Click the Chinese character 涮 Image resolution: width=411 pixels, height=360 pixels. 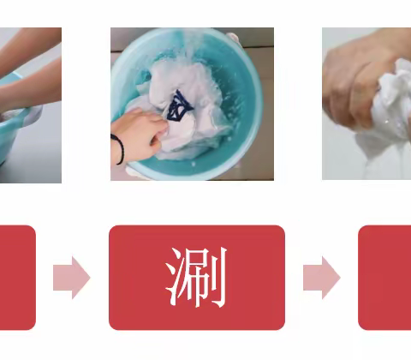(196, 278)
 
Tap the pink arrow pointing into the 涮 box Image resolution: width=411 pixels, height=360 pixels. (71, 278)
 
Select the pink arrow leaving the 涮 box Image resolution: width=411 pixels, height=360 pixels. (321, 278)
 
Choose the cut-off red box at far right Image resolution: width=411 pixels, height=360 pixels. (385, 278)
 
